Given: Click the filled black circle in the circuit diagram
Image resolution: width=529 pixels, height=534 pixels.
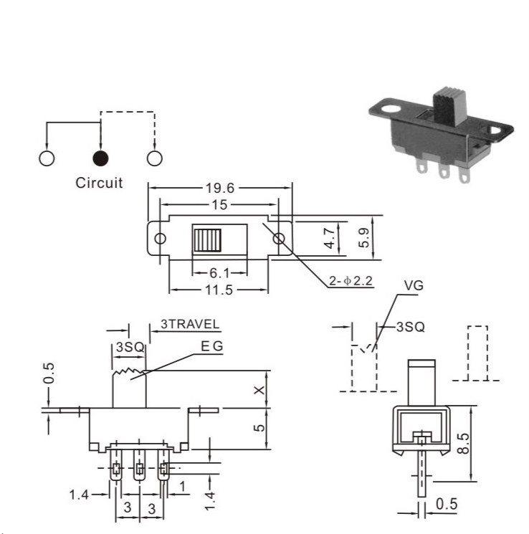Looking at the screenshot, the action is [x=100, y=158].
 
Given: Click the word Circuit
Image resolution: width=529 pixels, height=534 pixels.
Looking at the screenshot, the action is [x=99, y=183].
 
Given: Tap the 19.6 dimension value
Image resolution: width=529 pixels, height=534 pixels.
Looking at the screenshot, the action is [x=220, y=188].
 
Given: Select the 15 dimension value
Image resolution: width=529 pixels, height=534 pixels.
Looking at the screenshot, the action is [x=219, y=205].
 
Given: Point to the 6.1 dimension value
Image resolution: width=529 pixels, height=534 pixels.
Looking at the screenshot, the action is [x=219, y=273].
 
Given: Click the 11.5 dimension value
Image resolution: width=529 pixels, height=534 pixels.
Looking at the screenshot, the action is [x=219, y=290].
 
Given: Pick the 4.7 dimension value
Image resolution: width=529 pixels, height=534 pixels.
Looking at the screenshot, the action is [x=330, y=238].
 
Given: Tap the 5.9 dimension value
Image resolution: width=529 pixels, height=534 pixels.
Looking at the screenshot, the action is [x=364, y=238].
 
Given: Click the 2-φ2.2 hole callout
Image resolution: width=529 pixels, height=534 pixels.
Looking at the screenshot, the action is [x=351, y=281].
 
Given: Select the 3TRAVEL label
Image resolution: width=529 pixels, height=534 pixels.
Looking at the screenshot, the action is [x=190, y=324].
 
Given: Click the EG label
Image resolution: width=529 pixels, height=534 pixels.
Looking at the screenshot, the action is [x=212, y=346].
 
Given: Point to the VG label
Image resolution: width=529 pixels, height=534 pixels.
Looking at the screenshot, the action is [x=414, y=285].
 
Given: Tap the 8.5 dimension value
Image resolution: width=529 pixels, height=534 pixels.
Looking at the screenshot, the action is [x=463, y=443].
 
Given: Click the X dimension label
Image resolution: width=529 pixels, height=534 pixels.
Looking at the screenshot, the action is [x=259, y=390].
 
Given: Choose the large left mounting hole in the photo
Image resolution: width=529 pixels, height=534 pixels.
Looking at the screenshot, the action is [x=391, y=110].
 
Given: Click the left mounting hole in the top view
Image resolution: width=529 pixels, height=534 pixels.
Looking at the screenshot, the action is [x=160, y=239].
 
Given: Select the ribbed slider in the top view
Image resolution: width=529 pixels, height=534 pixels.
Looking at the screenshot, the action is [x=207, y=240].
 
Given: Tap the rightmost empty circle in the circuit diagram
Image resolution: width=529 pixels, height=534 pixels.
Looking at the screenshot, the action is [x=155, y=158].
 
